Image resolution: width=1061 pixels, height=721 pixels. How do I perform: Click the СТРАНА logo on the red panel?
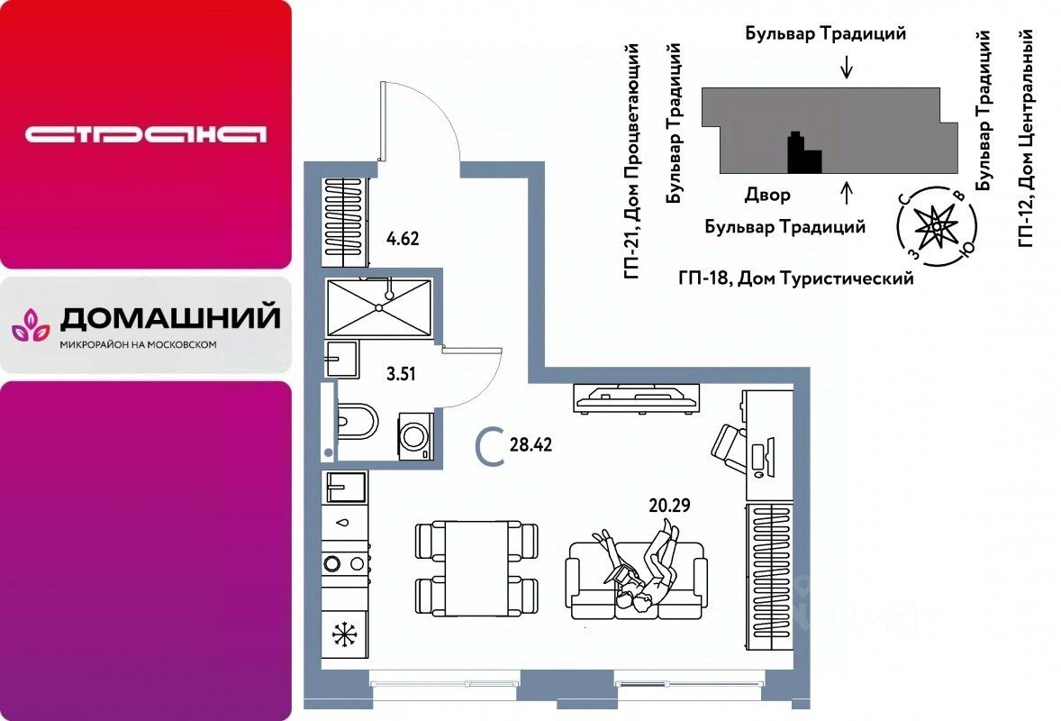coord(146,135)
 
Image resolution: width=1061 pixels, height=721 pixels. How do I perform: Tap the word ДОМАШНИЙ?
coord(169,318)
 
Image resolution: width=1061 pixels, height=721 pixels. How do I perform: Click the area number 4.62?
coord(403,240)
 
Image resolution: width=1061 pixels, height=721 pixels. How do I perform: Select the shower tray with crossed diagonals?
coord(379,306)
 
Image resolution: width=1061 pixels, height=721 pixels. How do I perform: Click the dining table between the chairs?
coord(476,568)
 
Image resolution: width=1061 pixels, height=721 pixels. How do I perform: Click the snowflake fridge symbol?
coord(344,634)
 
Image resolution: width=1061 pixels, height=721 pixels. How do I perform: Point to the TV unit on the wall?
coord(637,396)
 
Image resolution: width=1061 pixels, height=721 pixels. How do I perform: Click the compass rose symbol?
coord(936,222)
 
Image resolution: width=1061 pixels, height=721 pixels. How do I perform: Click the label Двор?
coord(767,195)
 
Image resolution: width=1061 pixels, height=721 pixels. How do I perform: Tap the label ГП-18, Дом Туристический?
coord(795,278)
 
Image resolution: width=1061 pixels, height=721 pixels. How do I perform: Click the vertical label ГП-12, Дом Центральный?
coord(1025,137)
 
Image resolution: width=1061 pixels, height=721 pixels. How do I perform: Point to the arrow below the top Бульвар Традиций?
coord(845,68)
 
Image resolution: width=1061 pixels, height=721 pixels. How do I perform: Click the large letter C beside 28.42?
coord(490,446)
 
